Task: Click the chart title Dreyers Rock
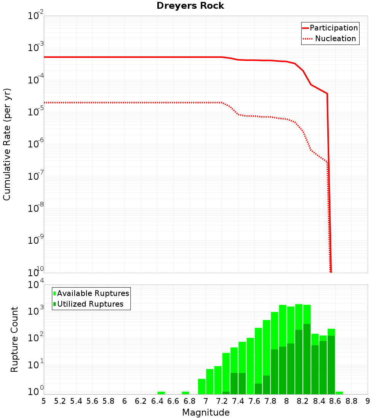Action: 190,6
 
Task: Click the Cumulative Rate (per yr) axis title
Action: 7,144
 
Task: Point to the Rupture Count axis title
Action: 14,339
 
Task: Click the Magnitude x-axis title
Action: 206,412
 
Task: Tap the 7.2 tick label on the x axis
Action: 222,401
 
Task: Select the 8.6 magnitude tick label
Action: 335,401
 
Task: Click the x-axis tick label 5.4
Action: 76,401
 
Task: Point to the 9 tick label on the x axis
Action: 368,401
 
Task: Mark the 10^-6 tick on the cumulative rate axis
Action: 36,144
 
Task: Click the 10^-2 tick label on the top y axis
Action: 36,16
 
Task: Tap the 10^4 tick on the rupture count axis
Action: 36,285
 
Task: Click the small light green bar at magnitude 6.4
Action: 161,393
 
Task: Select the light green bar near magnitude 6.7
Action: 186,393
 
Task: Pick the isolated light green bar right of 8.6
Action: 339,393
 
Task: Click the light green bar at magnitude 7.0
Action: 210,381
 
